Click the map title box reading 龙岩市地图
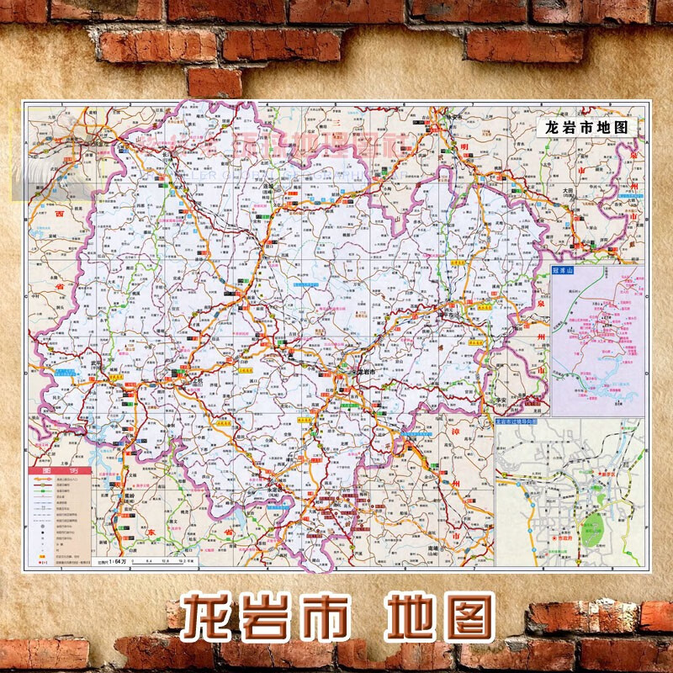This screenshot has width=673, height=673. tap(586, 128)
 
